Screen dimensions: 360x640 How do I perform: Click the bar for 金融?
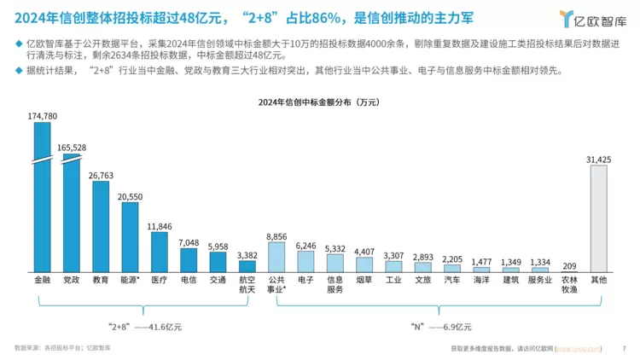tap(42, 196)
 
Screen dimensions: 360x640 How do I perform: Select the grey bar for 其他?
tap(598, 218)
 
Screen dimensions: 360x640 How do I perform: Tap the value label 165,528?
tap(72, 148)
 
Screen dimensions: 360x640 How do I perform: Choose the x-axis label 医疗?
tap(159, 279)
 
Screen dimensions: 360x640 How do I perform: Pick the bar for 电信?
tap(189, 260)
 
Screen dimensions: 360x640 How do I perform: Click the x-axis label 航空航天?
tap(247, 284)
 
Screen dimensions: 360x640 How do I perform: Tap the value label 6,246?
tap(305, 246)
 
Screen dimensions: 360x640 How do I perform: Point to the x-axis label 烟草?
tap(364, 279)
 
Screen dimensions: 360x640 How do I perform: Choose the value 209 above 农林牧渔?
tap(569, 265)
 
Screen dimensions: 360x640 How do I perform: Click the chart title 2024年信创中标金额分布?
tap(319, 103)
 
